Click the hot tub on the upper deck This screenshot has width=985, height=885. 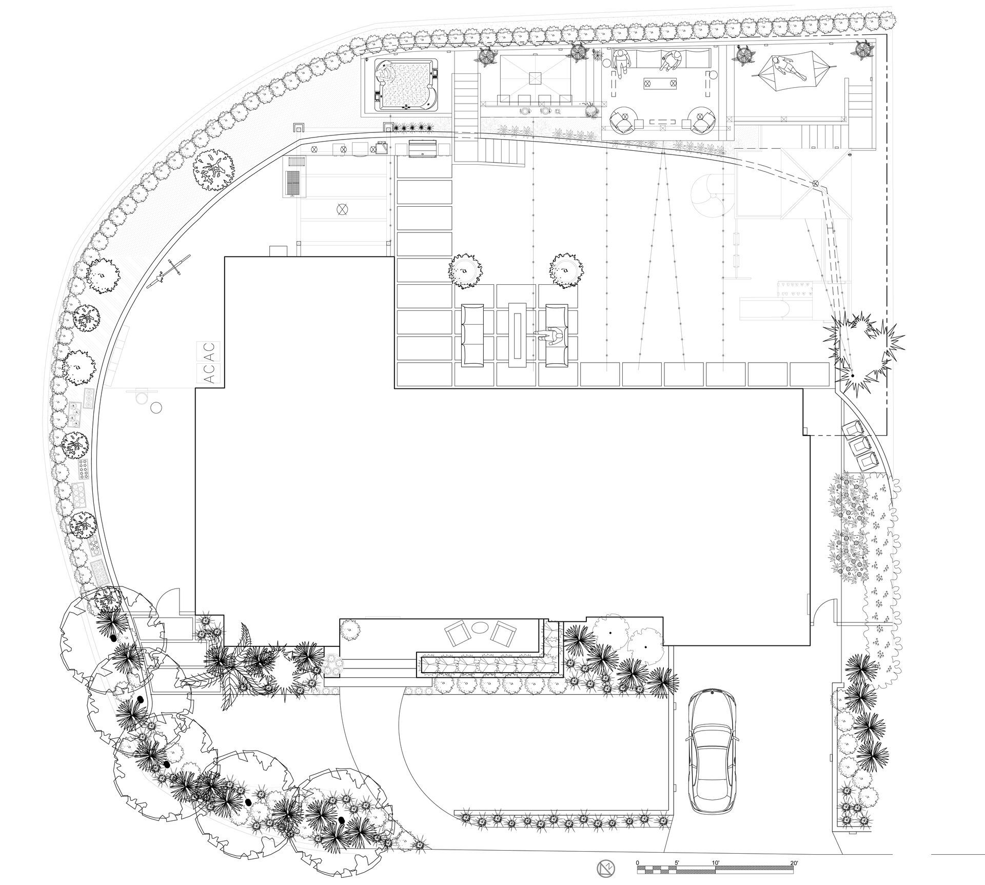[x=405, y=85]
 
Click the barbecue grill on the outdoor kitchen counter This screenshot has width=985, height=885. [x=422, y=148]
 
